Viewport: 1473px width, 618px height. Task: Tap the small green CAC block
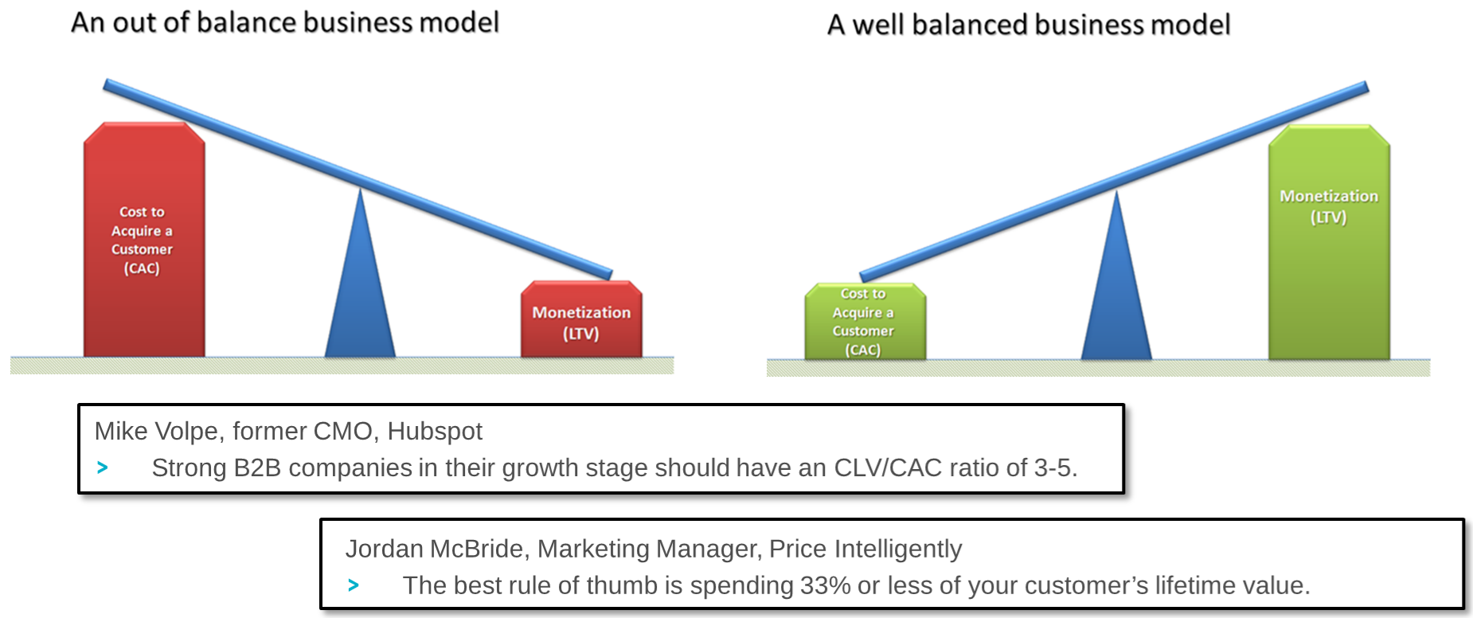[x=865, y=323]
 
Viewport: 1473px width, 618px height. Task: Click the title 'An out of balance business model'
[x=285, y=22]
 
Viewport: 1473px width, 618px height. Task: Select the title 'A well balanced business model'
[x=1029, y=25]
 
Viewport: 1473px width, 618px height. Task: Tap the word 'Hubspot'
[x=435, y=431]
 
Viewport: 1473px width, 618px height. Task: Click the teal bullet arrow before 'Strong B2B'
[x=103, y=468]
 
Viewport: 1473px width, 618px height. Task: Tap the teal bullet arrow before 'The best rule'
[x=354, y=586]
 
